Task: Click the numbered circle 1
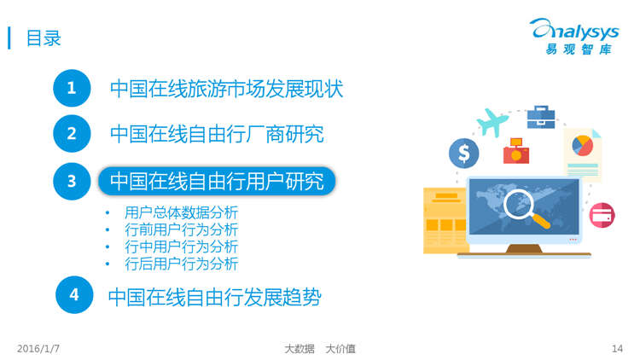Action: tap(72, 88)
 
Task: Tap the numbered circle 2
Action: tap(72, 133)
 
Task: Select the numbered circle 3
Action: tap(72, 181)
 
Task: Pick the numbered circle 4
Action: tap(74, 294)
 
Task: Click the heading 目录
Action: tap(44, 38)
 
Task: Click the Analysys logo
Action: tap(575, 37)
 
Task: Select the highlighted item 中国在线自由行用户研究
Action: tap(217, 181)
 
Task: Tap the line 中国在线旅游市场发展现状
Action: tap(226, 89)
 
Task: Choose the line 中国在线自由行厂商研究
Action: tap(217, 134)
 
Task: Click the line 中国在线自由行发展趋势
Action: tap(215, 297)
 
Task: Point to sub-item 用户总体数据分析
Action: tap(181, 212)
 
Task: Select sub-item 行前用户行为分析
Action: tap(181, 229)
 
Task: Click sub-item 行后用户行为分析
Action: tap(181, 264)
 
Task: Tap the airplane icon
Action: tap(492, 122)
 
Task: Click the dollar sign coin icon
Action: tap(463, 153)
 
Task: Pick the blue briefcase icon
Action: tap(541, 117)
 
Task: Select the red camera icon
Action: tap(516, 151)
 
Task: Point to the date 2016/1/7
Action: tap(38, 349)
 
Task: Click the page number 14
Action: tap(617, 349)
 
